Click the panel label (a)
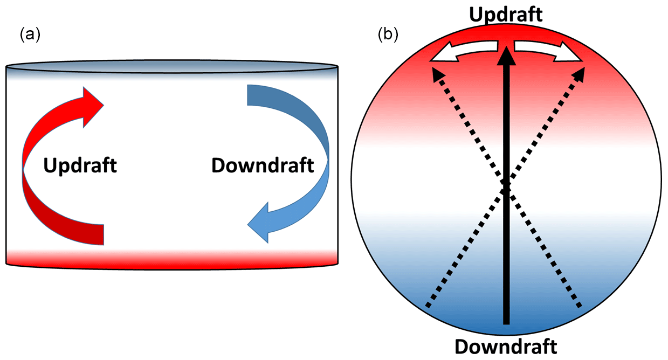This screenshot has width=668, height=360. click(30, 35)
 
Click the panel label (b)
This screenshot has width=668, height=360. click(388, 35)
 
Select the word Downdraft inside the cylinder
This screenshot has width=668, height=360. click(263, 165)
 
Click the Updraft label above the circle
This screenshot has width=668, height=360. click(505, 15)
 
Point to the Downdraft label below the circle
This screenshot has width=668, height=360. click(505, 347)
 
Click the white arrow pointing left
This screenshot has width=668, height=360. click(464, 52)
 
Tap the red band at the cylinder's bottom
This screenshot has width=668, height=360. click(172, 258)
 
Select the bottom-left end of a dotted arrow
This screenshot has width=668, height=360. click(428, 306)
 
